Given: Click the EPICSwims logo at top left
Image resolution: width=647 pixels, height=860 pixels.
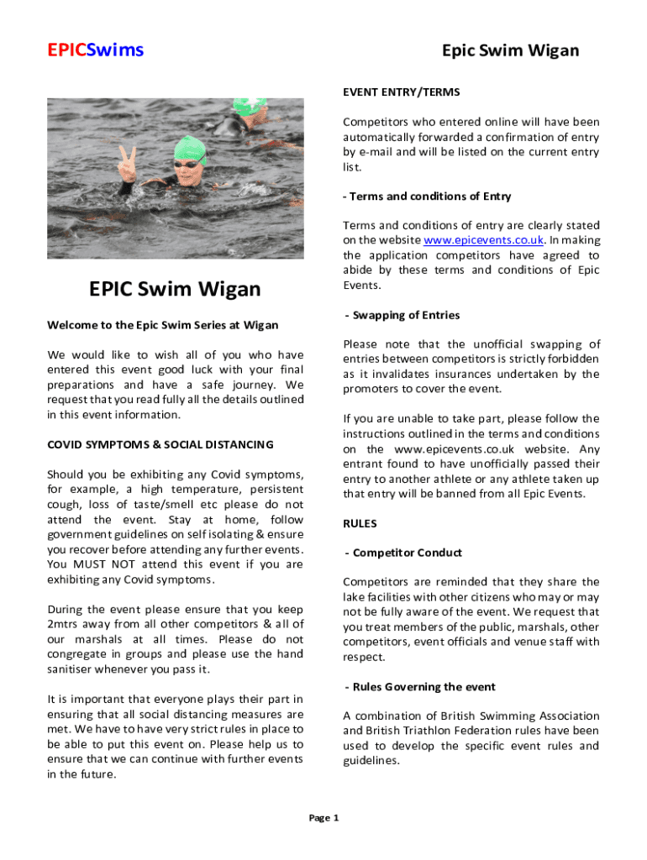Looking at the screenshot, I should point(95,50).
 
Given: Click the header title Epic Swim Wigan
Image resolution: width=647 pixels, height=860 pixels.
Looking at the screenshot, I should point(510,50).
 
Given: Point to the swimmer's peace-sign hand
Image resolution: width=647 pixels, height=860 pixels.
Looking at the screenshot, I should point(128,165).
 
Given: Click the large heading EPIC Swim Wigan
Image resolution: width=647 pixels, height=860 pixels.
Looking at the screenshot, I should point(175,290).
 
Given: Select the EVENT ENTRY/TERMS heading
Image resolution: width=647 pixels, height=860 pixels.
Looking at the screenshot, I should point(401,92).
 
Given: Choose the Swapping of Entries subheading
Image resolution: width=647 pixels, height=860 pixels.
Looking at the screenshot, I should point(402,315).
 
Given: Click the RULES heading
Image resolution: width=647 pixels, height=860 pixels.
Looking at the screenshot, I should point(360,523).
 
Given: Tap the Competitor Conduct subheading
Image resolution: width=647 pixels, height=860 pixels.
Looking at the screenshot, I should point(402,553).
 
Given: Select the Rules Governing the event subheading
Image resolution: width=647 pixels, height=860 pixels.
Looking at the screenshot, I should point(420,687).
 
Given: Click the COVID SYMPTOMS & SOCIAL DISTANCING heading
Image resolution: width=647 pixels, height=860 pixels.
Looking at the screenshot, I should point(160,444).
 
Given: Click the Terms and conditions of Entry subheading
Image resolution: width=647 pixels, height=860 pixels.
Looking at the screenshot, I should point(427,196).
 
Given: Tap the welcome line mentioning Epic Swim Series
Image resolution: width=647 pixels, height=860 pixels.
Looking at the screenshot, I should point(163,325).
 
